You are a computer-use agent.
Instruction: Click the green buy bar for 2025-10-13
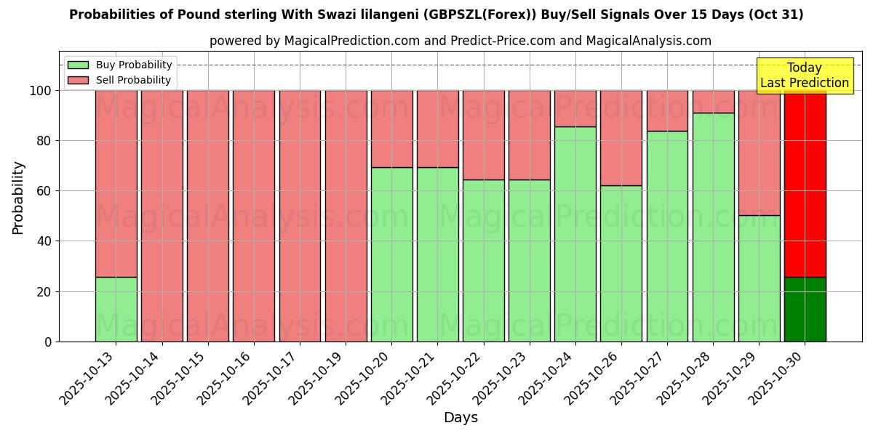[116, 309]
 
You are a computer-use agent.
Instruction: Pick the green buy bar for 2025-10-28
[713, 227]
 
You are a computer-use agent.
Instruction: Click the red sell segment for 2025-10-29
[759, 153]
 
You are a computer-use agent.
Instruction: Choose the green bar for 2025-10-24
[575, 234]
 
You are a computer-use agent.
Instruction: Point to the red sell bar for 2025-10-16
[254, 216]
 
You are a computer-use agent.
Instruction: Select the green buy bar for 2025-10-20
[391, 254]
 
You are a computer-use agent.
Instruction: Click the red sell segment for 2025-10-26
[621, 138]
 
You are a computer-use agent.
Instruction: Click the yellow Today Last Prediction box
[804, 76]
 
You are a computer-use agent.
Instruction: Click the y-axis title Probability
[18, 198]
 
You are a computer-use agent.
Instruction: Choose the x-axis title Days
[461, 418]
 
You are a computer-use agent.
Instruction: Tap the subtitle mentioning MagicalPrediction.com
[460, 41]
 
